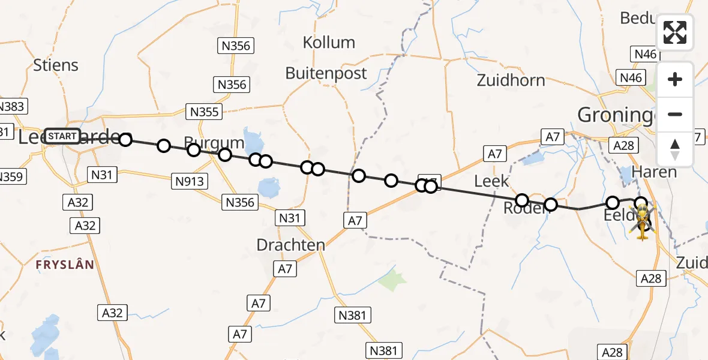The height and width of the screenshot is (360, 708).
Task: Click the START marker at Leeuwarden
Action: (x=62, y=136)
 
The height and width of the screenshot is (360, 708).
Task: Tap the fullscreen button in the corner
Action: (x=675, y=32)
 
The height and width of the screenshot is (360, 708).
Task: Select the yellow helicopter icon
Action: (x=643, y=221)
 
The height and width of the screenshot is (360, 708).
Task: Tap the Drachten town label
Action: (x=290, y=245)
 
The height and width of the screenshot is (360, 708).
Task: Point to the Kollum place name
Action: (x=329, y=43)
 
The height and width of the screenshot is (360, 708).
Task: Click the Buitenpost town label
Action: (x=326, y=73)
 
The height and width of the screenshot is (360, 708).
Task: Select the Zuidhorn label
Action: (x=511, y=80)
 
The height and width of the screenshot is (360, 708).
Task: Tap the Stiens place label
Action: (x=56, y=65)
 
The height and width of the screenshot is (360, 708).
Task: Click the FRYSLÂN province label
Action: (x=65, y=265)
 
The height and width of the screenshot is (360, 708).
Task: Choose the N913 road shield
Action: (x=190, y=181)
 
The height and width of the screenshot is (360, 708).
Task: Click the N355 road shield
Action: (x=205, y=111)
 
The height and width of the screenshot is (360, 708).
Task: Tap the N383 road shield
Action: (x=11, y=107)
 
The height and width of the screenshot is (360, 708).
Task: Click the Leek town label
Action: (x=491, y=181)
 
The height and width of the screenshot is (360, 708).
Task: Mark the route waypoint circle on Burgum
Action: (x=194, y=149)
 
